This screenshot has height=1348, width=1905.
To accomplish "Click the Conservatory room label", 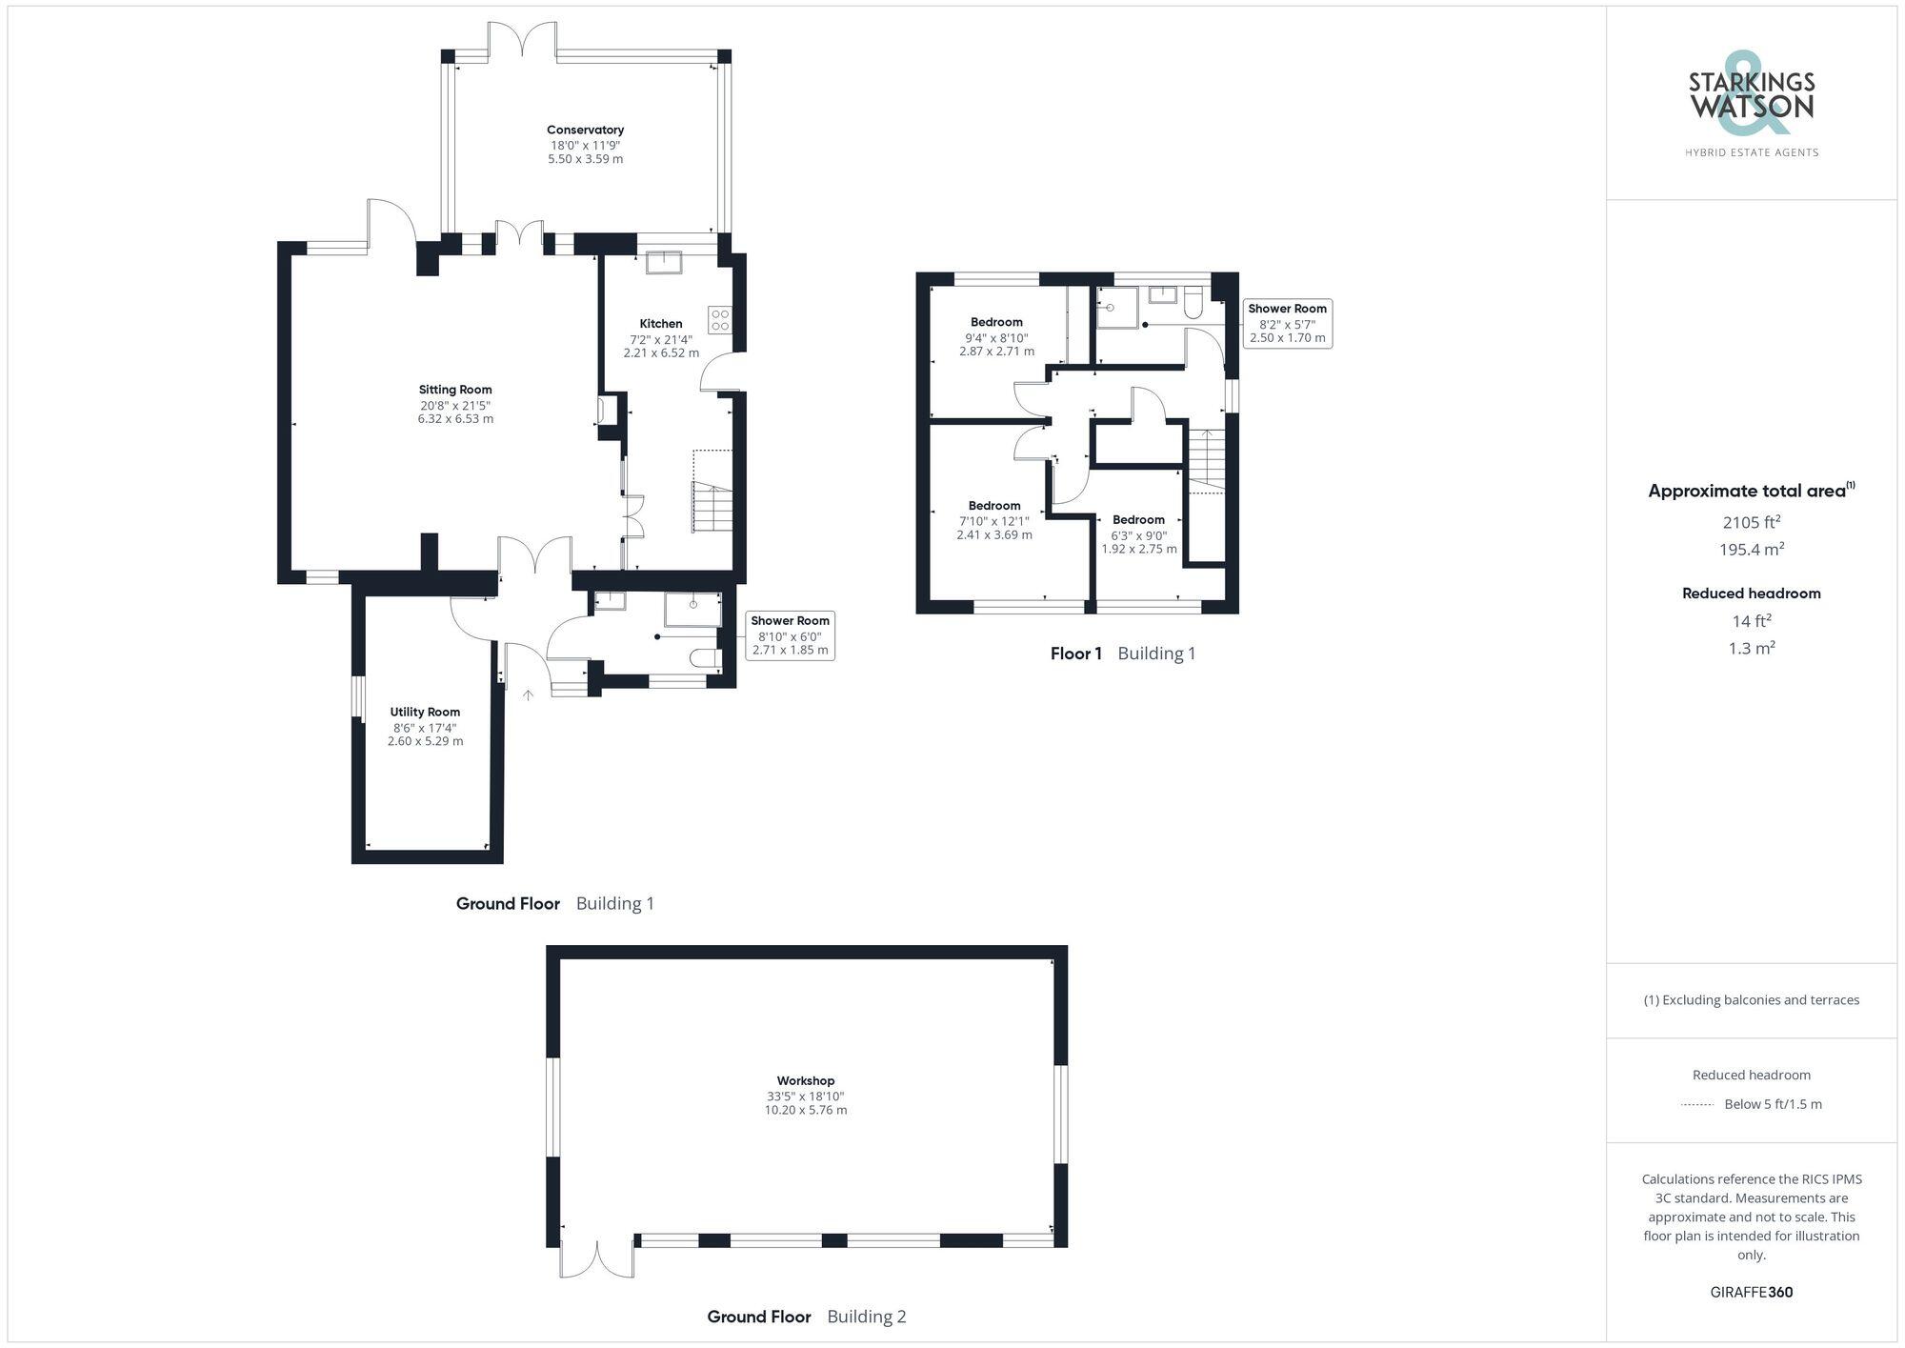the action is pos(585,130).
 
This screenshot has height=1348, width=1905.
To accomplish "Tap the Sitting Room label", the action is pos(455,390).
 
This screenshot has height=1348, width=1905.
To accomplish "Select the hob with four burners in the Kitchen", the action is pos(719,320).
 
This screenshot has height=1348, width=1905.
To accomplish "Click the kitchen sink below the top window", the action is pos(663,261).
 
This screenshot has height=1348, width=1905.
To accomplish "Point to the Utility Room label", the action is pos(425,712).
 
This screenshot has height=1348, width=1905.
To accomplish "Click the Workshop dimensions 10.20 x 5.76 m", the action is pos(806,1110).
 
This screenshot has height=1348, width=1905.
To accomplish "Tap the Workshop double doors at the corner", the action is pos(597,1258).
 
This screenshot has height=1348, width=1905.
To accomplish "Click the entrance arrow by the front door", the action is pos(528,695).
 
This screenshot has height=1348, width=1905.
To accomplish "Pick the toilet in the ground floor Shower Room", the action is pos(704,658).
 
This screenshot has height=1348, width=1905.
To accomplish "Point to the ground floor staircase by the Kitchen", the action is pos(712,508).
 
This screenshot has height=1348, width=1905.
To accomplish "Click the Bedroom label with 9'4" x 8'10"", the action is pos(996,322).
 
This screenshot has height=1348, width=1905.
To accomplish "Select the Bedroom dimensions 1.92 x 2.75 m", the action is pos(1139,549).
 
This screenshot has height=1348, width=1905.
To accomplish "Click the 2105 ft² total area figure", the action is pos(1752,522).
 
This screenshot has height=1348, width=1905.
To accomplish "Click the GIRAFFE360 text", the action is pos(1752,1292).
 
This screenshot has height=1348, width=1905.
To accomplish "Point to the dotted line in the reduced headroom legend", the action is pos(1697,1105).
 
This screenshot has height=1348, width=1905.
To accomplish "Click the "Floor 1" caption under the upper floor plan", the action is pos(1075,654).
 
